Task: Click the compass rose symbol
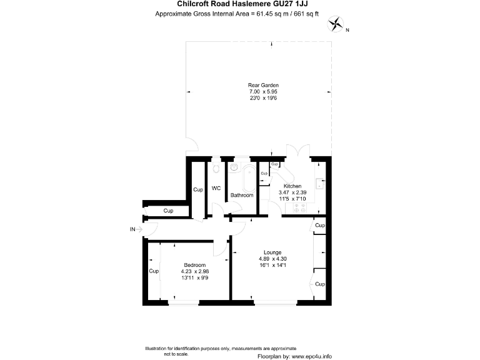coord(337,24)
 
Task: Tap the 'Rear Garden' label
coord(262,85)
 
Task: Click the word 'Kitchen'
coord(292,186)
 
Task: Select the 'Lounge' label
coord(272,252)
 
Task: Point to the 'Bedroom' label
coord(194,265)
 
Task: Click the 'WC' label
coord(216,188)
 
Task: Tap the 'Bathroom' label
coord(242,195)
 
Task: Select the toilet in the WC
coord(216,169)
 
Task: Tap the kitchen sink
coord(321,183)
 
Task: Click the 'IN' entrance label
coord(132,230)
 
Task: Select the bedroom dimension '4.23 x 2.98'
coord(194,271)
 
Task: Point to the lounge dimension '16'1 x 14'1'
coord(272,265)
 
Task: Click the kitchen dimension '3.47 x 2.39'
coord(292,192)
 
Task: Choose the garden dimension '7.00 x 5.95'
coord(262,91)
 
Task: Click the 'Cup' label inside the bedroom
coord(153,271)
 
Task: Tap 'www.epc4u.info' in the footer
coord(314,355)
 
